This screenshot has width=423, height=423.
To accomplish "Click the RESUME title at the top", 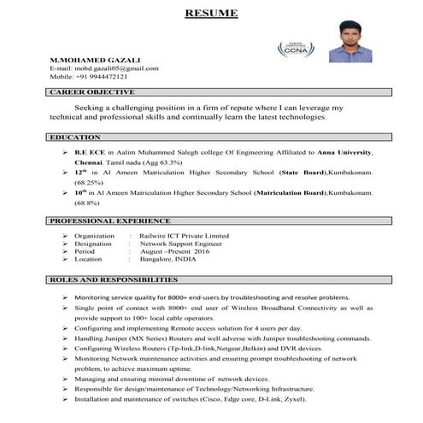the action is (212, 13).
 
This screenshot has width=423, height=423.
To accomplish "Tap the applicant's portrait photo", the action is (346, 49).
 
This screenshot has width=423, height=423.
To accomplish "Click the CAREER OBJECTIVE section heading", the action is (92, 91).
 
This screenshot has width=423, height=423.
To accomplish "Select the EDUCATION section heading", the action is (76, 137).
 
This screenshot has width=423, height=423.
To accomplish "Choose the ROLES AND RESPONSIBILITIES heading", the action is (115, 280).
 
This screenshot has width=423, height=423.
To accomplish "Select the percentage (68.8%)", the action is (87, 203).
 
